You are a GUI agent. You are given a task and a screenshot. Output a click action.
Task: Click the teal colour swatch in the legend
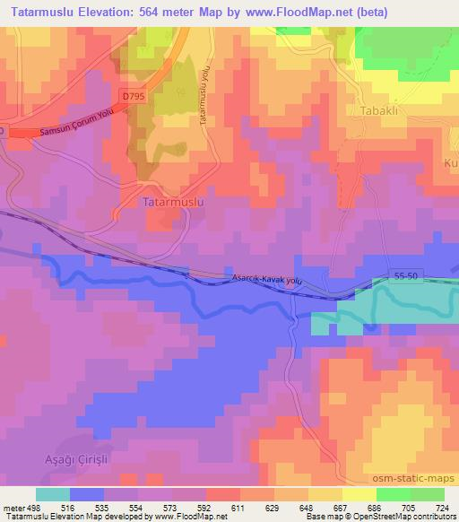point(53,494)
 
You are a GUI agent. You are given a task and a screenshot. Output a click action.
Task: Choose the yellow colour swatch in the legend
point(359,494)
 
